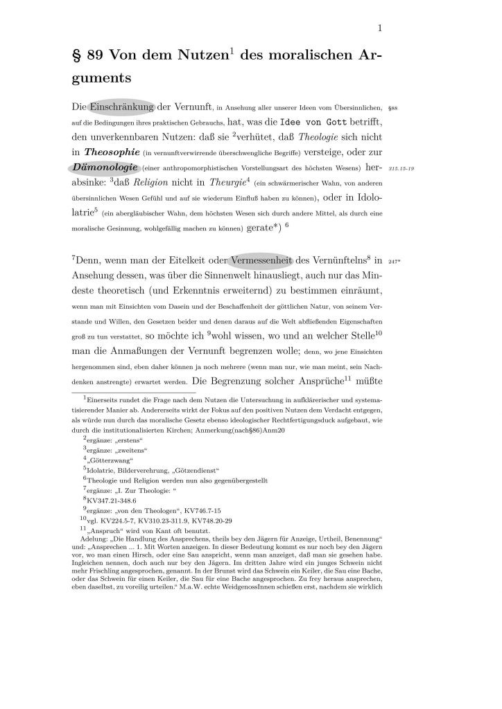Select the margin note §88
pos(392,109)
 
